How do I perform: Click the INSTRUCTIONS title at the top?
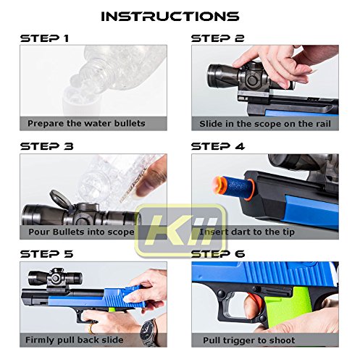point(170,17)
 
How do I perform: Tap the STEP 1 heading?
point(44,38)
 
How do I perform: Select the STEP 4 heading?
point(218,146)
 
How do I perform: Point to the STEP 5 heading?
point(46,254)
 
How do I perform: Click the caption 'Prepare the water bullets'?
point(86,123)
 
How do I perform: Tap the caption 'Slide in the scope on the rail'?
point(265,124)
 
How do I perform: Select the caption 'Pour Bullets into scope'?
point(81,232)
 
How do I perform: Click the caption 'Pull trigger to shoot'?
point(248,340)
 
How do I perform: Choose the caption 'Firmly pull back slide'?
point(75,340)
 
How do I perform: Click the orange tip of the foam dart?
point(219,185)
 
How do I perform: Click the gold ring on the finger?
point(90,329)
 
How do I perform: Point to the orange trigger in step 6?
point(248,299)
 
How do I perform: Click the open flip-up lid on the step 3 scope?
point(59,198)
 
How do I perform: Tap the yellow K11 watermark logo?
point(180,230)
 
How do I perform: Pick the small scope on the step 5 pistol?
point(55,278)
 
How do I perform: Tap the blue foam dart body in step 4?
point(238,187)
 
